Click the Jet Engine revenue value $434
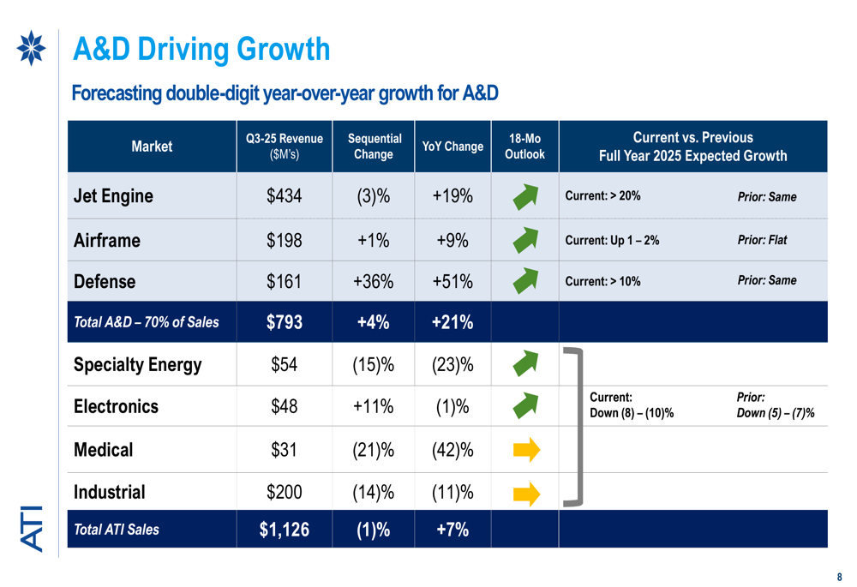(x=284, y=196)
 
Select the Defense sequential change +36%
(x=373, y=281)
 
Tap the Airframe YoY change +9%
(x=452, y=241)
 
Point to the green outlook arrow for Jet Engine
(x=525, y=197)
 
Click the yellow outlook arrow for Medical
(x=526, y=449)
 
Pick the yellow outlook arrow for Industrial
(x=526, y=493)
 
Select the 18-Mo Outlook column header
(x=524, y=147)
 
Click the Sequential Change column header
(x=374, y=147)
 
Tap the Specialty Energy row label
(x=138, y=365)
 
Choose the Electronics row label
(x=117, y=406)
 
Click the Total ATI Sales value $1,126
(x=284, y=530)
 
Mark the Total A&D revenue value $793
(x=284, y=323)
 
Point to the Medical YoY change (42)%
(x=452, y=450)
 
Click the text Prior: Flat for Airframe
(x=762, y=240)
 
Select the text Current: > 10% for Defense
(x=602, y=282)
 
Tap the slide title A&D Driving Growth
(x=201, y=50)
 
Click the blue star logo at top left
(x=32, y=48)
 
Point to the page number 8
(x=840, y=577)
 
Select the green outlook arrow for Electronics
(x=525, y=406)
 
